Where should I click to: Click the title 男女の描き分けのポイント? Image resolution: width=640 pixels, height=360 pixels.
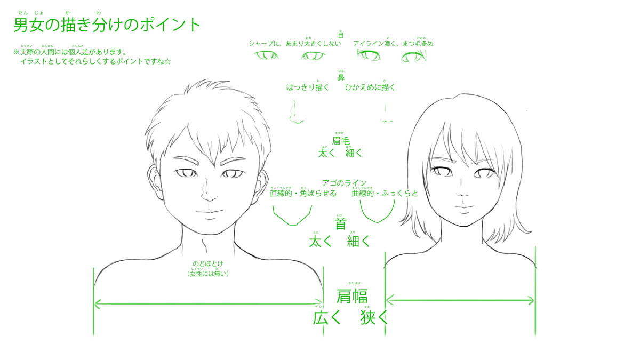[x=107, y=25]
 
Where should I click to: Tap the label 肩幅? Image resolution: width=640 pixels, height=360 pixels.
[x=352, y=297]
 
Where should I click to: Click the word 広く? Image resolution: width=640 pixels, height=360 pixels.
[x=326, y=318]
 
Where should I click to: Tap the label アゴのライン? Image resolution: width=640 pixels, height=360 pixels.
[x=344, y=183]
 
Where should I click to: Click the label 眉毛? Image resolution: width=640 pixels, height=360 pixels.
[x=341, y=141]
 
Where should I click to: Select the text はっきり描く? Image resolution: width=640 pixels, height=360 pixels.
[x=308, y=87]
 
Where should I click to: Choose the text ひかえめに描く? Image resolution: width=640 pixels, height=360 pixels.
[x=370, y=87]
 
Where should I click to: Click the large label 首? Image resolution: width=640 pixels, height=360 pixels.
[x=340, y=224]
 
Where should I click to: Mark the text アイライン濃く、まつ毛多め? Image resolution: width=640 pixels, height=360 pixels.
[x=393, y=43]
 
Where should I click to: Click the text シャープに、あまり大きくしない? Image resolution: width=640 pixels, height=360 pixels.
[x=294, y=43]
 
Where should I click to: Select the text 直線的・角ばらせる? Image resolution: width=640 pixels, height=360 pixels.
[x=303, y=193]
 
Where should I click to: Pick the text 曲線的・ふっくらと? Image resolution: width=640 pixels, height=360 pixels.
[x=385, y=193]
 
